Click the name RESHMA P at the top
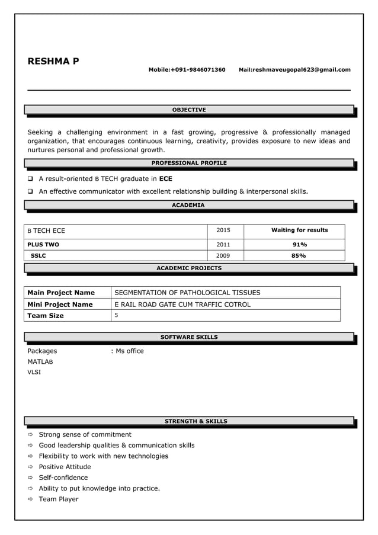pos(53,61)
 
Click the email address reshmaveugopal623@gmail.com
pos(302,70)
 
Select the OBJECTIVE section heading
pos(189,110)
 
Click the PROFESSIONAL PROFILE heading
pos(189,163)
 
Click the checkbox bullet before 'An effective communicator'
pos(31,191)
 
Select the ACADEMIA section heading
pos(189,205)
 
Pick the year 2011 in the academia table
pos(223,244)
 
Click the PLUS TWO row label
pos(43,244)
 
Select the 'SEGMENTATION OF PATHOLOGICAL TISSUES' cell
pos(187,293)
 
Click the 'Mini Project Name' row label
pos(60,305)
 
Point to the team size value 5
pos(116,315)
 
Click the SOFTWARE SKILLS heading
pos(189,337)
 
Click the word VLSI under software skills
pos(34,373)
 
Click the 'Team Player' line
pos(58,499)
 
